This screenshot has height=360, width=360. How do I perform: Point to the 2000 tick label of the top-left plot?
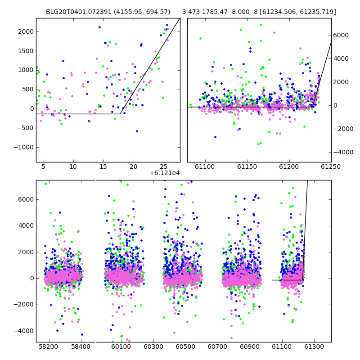pyautogui.click(x=26, y=31)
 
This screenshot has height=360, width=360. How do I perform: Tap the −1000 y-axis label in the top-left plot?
pyautogui.click(x=24, y=147)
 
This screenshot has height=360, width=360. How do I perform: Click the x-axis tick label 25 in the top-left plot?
pyautogui.click(x=163, y=166)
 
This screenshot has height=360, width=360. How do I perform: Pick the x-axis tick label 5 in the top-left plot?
pyautogui.click(x=43, y=166)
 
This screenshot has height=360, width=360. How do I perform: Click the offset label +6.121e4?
pyautogui.click(x=165, y=173)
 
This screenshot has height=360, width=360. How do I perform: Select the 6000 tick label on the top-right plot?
pyautogui.click(x=341, y=35)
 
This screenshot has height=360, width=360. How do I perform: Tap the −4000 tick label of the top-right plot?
pyautogui.click(x=343, y=152)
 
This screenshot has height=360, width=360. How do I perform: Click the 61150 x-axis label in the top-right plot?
pyautogui.click(x=247, y=166)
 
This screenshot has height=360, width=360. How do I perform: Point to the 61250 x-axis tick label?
pyautogui.click(x=331, y=166)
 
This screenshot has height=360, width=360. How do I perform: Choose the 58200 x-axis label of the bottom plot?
pyautogui.click(x=49, y=346)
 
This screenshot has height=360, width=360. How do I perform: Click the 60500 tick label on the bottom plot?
pyautogui.click(x=185, y=346)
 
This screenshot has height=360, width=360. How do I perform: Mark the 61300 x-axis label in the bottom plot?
pyautogui.click(x=314, y=346)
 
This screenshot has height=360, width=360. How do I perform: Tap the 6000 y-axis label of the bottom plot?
pyautogui.click(x=26, y=199)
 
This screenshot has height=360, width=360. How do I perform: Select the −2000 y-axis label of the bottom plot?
pyautogui.click(x=24, y=305)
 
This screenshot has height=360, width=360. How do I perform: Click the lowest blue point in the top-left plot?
pyautogui.click(x=137, y=131)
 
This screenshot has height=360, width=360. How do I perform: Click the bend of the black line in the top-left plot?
pyautogui.click(x=120, y=114)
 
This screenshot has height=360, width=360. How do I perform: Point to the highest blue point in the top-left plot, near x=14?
pyautogui.click(x=99, y=27)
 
